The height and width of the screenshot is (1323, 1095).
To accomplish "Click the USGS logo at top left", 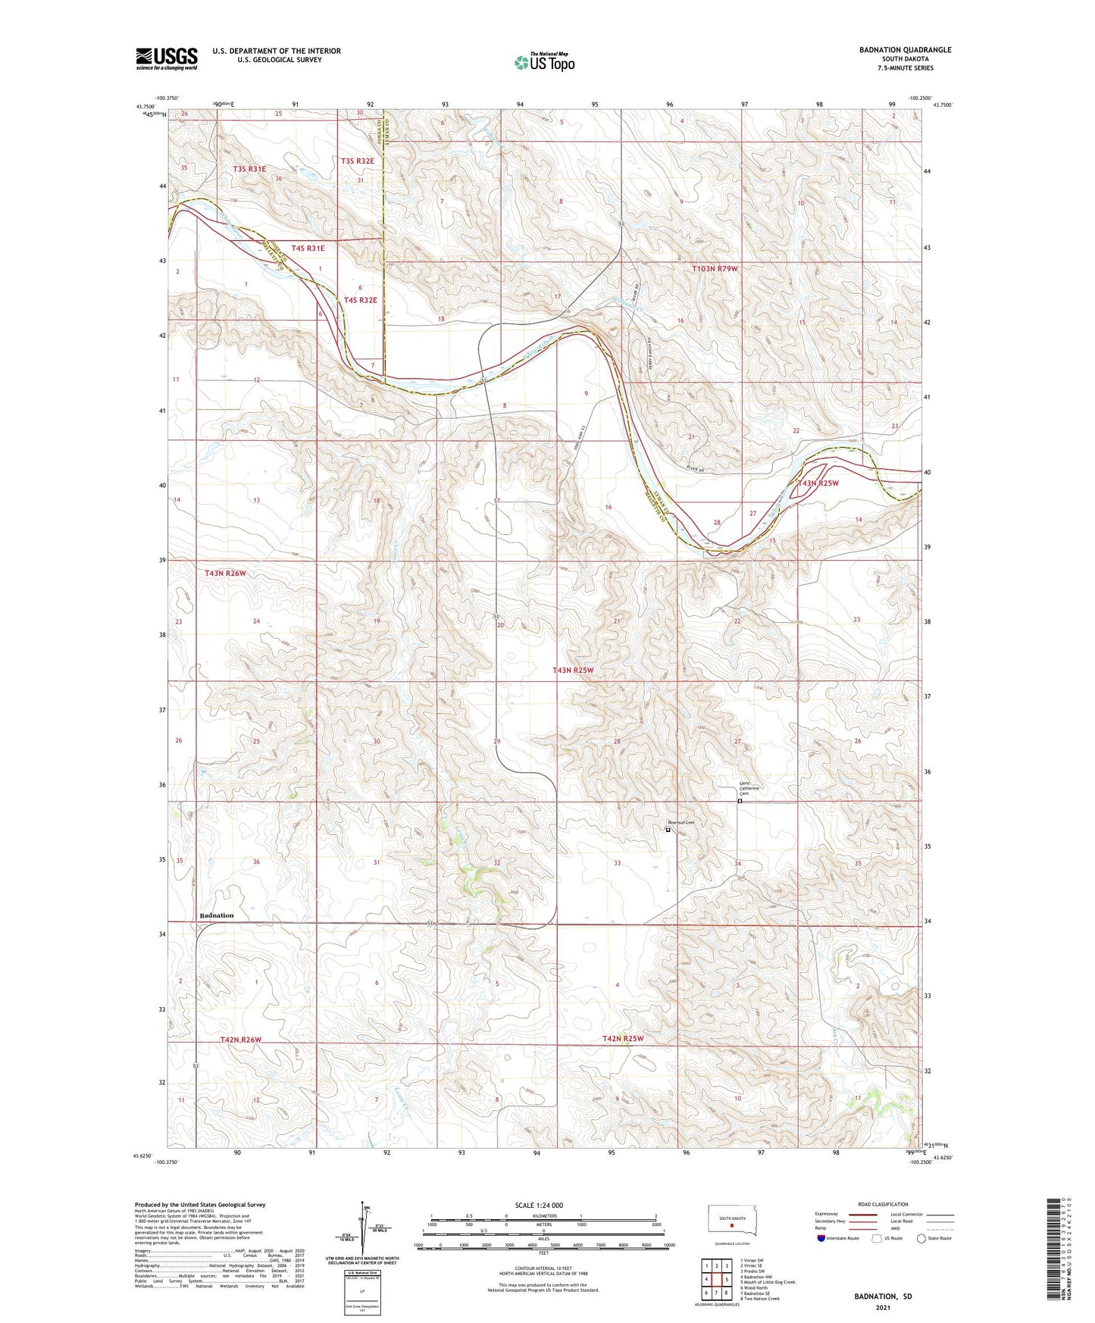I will [x=167, y=58].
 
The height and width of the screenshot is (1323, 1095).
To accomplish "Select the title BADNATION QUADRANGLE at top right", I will [x=905, y=50].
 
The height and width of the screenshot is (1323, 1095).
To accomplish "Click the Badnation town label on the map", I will [x=216, y=915].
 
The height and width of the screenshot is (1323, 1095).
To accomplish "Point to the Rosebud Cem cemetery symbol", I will [x=668, y=830].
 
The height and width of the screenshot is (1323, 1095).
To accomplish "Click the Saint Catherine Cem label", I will [x=749, y=789].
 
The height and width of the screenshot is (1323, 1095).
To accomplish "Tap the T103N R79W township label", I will [x=715, y=269].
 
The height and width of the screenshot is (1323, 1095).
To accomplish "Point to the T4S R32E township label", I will [x=360, y=300].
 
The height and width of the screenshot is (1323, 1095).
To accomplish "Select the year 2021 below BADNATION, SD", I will [x=883, y=1308].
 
